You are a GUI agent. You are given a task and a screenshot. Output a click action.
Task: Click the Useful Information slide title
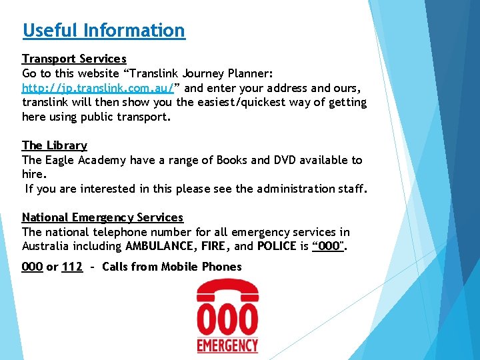click(103, 31)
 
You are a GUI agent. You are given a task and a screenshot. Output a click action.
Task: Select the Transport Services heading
click(74, 59)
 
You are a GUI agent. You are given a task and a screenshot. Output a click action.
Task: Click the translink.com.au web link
click(98, 88)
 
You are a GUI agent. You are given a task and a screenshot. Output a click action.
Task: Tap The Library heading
click(54, 145)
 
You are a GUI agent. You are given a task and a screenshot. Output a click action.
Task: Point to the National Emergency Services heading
click(102, 217)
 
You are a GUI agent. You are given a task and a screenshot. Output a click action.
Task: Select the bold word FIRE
click(215, 247)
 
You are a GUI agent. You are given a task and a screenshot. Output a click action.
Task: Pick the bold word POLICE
click(276, 247)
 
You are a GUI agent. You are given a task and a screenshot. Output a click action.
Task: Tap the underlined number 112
click(72, 267)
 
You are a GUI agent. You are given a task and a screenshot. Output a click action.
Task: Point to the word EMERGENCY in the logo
click(227, 345)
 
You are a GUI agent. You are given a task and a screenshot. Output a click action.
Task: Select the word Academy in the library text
click(102, 160)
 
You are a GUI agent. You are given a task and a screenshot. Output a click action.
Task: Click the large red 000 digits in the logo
click(227, 320)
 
